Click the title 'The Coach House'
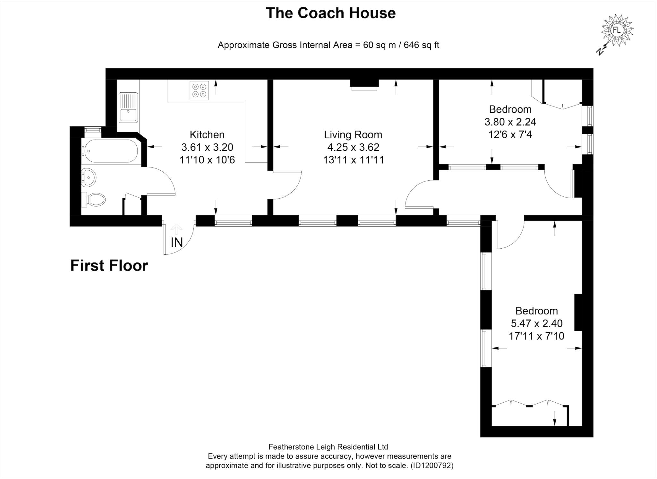330,13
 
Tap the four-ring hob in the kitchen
199,90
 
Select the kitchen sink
128,108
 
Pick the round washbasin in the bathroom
88,177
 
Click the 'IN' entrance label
177,243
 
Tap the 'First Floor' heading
109,266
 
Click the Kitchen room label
207,134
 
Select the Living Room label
353,134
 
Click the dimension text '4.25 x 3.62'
353,147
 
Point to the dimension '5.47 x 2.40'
536,323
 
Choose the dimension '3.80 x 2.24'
510,122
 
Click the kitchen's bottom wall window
233,221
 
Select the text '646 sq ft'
421,45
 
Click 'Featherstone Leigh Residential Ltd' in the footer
328,447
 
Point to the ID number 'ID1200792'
432,466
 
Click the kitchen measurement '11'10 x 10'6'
207,160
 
